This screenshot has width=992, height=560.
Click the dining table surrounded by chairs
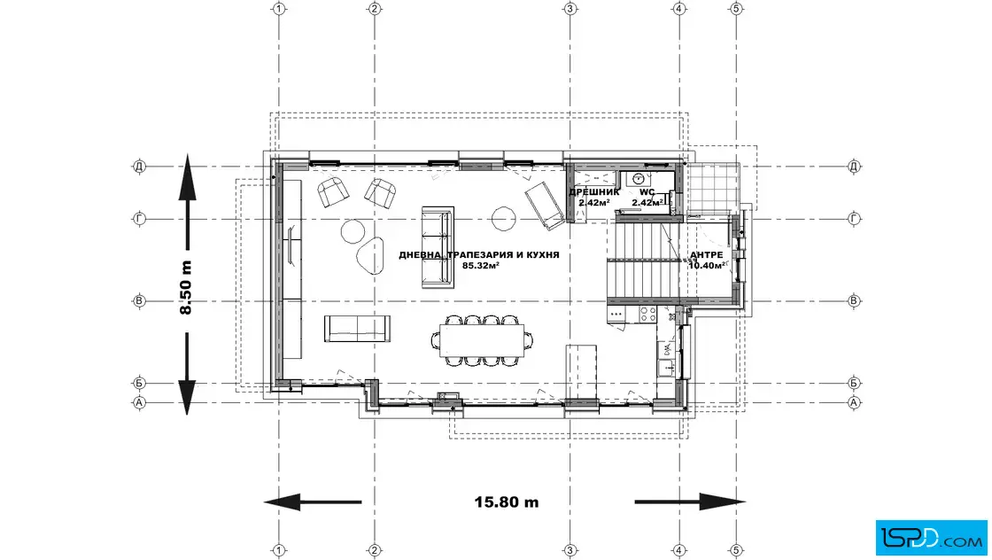coord(482,340)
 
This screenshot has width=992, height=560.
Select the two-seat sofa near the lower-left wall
coord(357,329)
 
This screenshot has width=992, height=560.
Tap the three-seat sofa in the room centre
coord(438,247)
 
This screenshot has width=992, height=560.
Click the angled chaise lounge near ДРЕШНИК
coord(544,206)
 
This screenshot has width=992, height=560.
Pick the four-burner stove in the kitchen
coord(647,314)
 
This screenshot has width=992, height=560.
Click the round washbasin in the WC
coord(639,178)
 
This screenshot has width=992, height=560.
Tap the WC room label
coord(647,192)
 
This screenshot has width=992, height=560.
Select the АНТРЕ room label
coord(707,255)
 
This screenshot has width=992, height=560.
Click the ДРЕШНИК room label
coord(594,192)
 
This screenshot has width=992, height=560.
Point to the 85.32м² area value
coord(481,266)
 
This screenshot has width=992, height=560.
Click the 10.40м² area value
coord(707,266)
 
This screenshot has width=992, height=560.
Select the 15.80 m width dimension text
coord(507,502)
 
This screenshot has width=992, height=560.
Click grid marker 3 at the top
coord(570,9)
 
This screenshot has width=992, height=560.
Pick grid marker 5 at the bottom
coord(736,550)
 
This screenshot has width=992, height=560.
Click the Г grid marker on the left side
coord(139,219)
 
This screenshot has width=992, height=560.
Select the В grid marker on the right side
coord(854,301)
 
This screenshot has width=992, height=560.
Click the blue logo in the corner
coord(931,538)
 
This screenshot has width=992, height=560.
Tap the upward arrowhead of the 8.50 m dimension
coord(187,176)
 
